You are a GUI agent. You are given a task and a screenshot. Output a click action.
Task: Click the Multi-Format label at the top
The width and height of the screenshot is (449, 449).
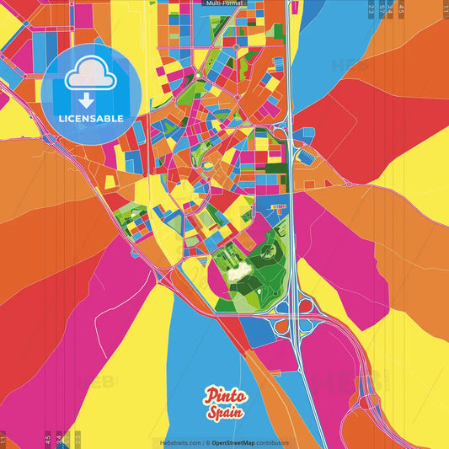224,3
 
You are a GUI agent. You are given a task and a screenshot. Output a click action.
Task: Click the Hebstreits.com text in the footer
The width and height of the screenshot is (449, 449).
180,442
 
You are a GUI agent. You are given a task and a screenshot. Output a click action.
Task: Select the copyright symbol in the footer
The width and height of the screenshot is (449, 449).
207,442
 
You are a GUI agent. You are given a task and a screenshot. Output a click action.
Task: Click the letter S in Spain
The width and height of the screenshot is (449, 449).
211,413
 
